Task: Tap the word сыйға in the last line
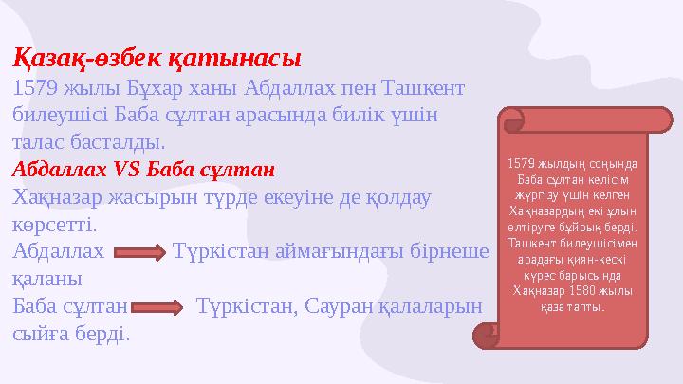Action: click(39, 335)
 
